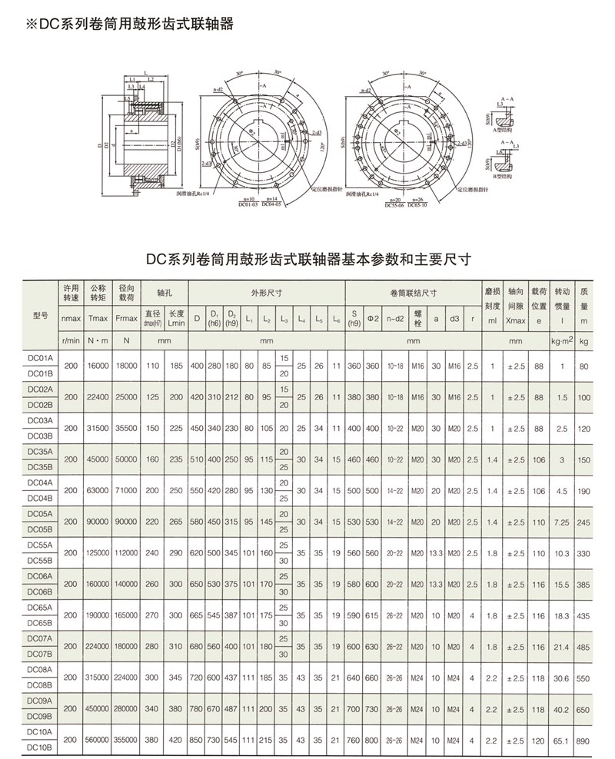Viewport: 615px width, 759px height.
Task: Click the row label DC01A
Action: click(40, 359)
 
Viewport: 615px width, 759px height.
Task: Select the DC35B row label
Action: click(40, 467)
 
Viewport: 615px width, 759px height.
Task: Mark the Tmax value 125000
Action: click(100, 553)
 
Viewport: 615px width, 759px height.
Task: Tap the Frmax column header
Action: click(126, 317)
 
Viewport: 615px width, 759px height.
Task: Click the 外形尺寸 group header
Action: click(267, 293)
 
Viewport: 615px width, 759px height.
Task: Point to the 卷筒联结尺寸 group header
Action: click(414, 293)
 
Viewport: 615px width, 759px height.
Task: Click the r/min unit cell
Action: click(71, 339)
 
